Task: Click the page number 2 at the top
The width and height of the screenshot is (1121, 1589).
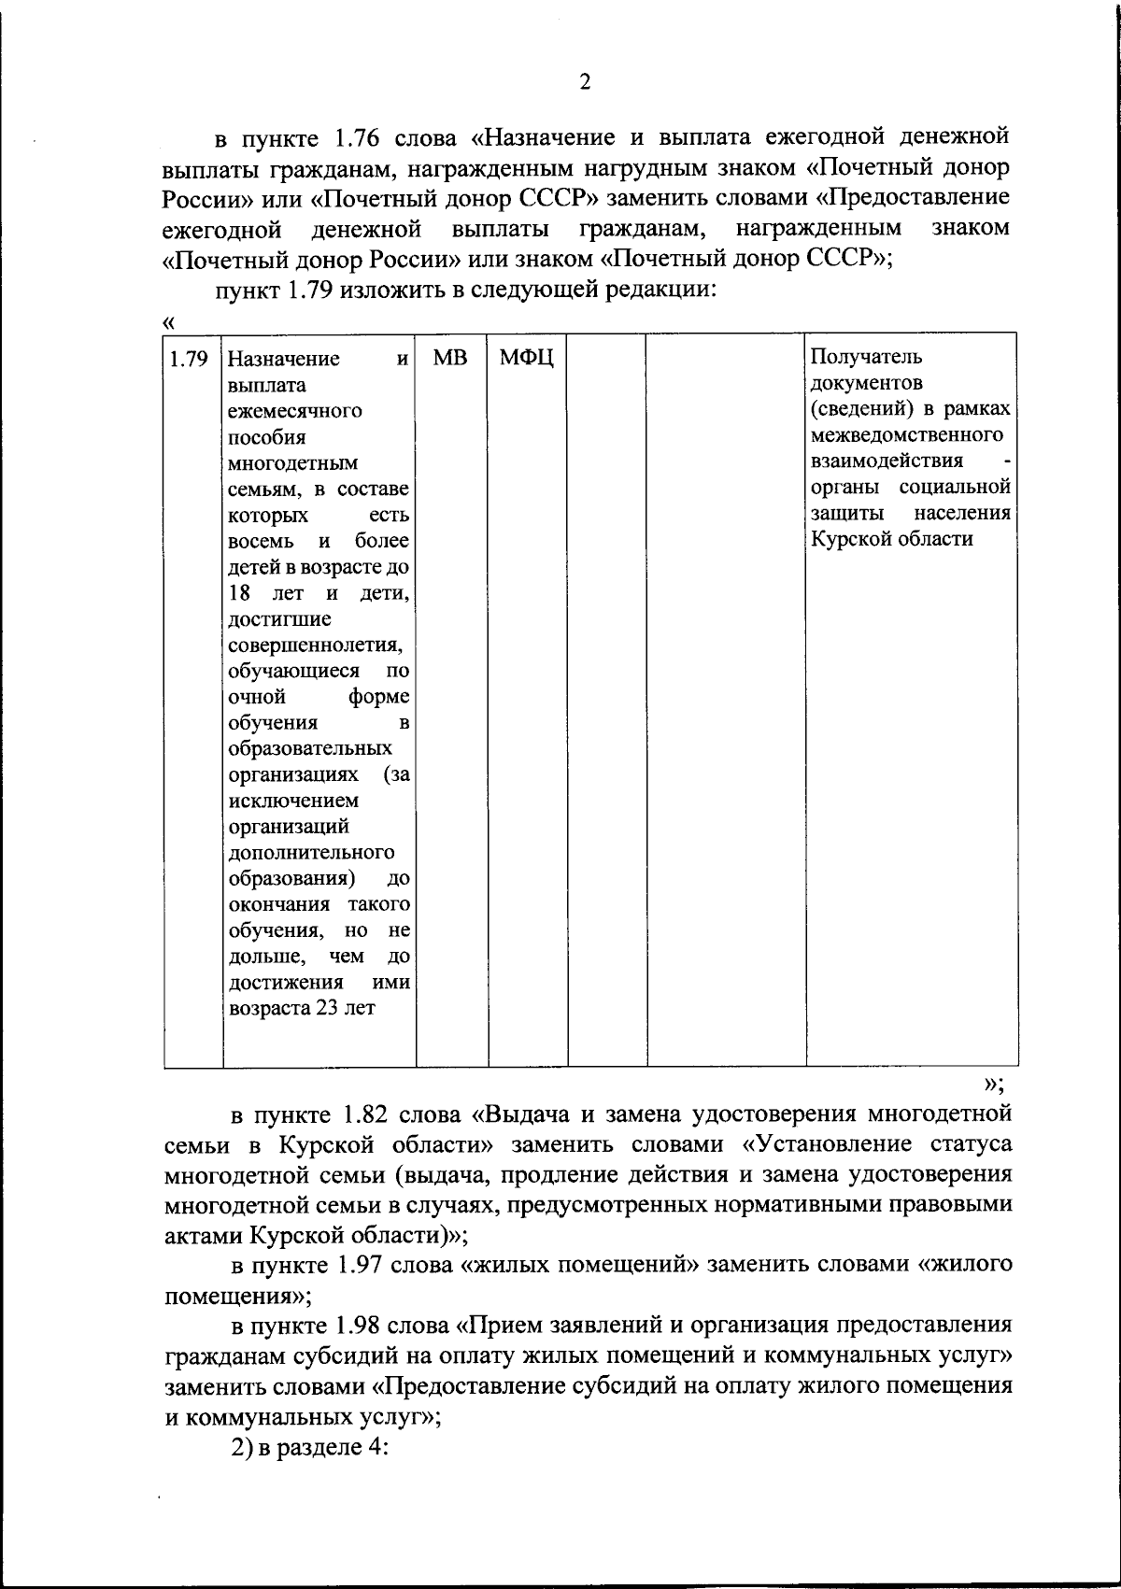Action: pos(585,82)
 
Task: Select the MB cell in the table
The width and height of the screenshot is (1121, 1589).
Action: pos(450,358)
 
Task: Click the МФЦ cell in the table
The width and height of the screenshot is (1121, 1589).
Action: pos(527,358)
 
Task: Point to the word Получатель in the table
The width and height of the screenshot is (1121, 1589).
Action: pos(866,357)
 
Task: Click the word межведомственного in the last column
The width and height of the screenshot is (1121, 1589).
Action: pos(907,435)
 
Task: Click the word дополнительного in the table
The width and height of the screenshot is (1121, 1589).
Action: pos(311,853)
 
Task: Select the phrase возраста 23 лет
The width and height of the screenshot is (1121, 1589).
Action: pos(302,1009)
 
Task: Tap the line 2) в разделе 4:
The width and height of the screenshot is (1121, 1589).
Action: pos(309,1446)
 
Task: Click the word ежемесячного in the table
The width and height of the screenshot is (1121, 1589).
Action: pos(294,411)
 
